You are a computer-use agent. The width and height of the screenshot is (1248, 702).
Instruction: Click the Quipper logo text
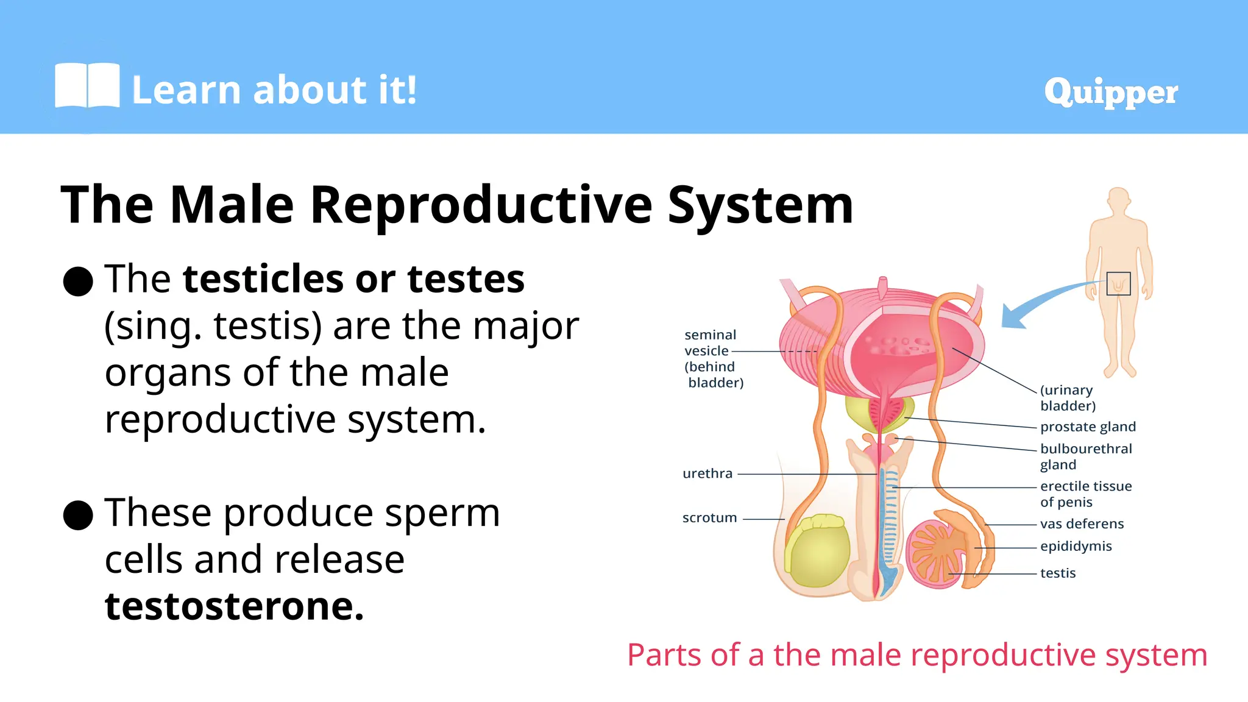click(1110, 92)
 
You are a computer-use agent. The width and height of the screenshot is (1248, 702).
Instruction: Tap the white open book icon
click(87, 86)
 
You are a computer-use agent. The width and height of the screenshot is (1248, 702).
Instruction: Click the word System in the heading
click(760, 205)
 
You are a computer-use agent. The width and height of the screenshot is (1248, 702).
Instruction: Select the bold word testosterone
click(234, 606)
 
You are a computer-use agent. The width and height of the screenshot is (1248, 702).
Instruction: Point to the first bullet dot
click(78, 282)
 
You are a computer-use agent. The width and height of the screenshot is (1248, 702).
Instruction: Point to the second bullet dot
click(78, 515)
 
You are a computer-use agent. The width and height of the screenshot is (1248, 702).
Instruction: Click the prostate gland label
click(1088, 427)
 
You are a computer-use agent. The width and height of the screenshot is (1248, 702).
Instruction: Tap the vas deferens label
click(1082, 523)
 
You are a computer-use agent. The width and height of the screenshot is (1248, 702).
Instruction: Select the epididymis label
click(1076, 546)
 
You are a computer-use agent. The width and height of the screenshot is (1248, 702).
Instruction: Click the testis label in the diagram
click(1058, 573)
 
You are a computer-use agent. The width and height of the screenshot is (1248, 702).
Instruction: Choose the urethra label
click(707, 473)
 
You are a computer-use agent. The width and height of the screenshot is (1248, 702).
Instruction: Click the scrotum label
click(709, 517)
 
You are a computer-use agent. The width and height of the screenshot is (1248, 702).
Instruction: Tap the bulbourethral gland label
click(1085, 456)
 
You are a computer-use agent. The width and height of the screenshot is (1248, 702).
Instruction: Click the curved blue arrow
click(1042, 302)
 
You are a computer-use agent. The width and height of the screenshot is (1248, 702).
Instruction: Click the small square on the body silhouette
click(1118, 283)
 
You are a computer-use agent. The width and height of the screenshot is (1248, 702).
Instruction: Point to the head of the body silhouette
click(1119, 200)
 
